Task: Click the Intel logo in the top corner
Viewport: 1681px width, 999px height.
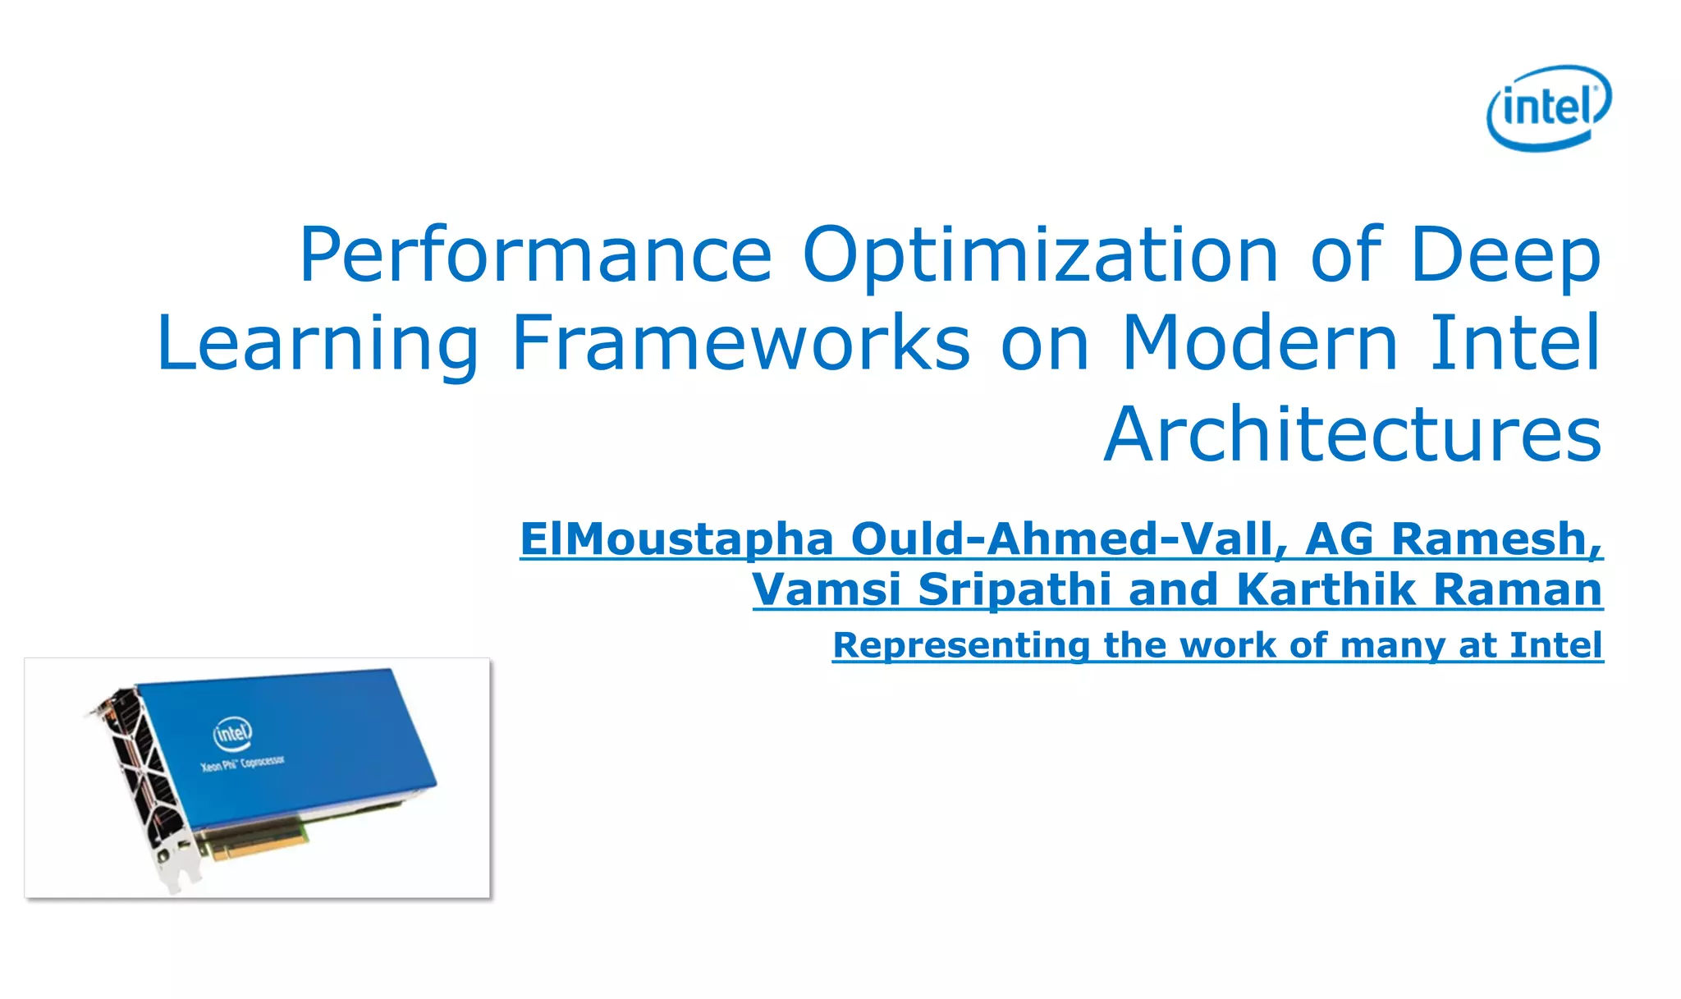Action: pos(1549,108)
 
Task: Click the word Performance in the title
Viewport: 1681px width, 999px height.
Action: pos(536,255)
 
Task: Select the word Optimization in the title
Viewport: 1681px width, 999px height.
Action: pos(1039,255)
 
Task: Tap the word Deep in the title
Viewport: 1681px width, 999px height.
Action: pos(1505,255)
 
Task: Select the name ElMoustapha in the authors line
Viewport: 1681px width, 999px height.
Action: pos(676,540)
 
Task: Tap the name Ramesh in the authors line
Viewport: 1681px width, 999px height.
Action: pos(1496,539)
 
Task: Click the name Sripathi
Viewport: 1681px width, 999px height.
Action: pos(1015,589)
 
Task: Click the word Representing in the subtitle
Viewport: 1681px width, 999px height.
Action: pos(960,645)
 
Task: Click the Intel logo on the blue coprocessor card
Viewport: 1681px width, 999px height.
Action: pos(232,731)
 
